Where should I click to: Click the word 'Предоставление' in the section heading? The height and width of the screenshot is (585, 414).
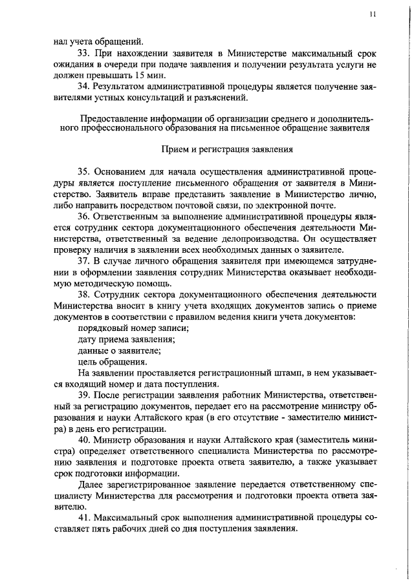coord(112,118)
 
